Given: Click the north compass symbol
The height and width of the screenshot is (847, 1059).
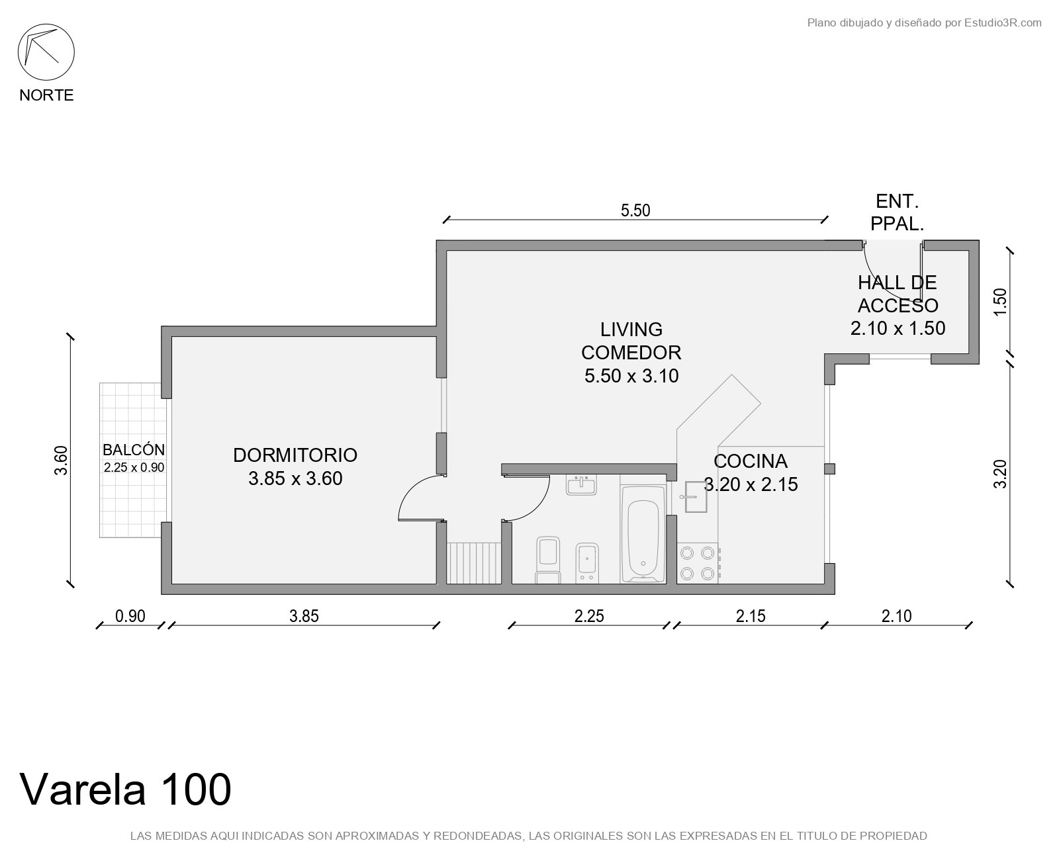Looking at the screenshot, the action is [46, 52].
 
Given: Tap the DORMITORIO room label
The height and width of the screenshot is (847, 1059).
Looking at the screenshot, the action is [295, 455].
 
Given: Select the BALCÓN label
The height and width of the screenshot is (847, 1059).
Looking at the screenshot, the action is [133, 450].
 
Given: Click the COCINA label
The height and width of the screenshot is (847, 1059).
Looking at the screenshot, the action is [751, 461].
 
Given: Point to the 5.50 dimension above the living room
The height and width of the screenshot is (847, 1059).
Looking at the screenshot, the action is [635, 210].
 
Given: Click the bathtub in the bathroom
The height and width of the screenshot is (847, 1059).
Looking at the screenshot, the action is [643, 534].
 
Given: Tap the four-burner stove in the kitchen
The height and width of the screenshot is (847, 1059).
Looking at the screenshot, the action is [698, 563].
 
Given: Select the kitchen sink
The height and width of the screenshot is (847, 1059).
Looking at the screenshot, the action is [696, 496].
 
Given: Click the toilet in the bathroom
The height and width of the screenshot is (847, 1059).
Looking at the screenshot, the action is [548, 560].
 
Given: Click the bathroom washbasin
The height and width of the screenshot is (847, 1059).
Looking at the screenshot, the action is [581, 484].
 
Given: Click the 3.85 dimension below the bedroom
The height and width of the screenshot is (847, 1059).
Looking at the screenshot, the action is [304, 616].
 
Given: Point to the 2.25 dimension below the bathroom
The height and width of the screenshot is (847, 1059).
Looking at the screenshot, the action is [588, 616].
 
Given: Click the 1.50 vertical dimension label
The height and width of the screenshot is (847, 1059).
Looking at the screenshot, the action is [1001, 302].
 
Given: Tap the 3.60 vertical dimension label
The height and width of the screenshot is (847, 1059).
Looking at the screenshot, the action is [61, 461].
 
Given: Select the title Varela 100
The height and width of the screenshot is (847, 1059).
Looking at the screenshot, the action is [125, 789].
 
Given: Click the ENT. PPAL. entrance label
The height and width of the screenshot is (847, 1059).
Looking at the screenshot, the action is [897, 212].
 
